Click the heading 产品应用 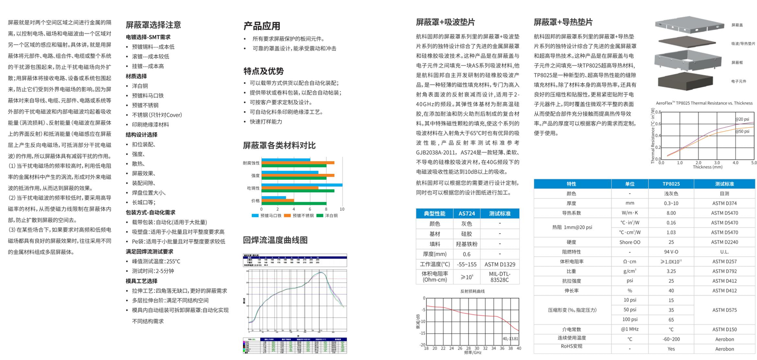261,26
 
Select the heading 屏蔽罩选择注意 153,25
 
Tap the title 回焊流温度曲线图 275,240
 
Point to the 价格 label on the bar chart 255,201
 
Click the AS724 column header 467,213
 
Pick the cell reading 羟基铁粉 466,244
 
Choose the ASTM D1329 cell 500,264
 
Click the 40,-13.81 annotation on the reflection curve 511,339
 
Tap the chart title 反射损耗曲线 473,291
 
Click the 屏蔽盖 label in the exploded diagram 737,25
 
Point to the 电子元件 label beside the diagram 738,81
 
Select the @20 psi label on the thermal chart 742,119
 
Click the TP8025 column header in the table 671,184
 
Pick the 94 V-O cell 671,252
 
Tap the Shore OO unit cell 629,242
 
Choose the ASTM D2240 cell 724,242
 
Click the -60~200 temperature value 671,339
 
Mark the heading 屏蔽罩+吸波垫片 445,22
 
